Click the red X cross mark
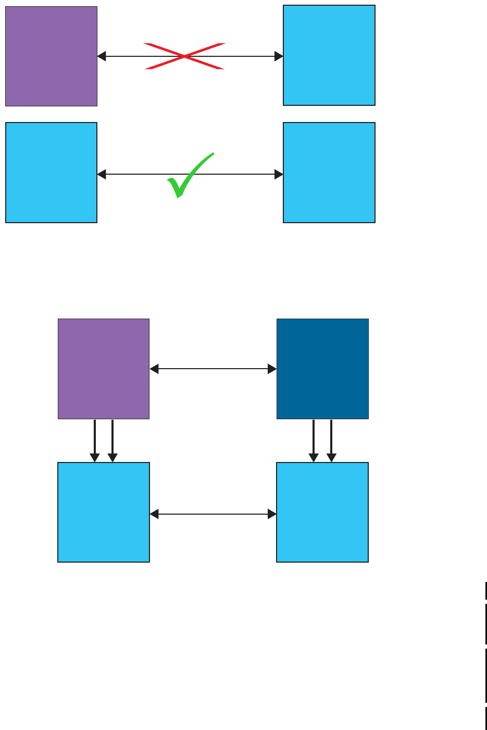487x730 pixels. click(185, 56)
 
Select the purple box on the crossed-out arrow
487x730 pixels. click(51, 56)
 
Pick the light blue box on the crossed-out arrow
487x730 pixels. click(329, 55)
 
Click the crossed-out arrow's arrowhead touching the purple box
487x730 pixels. click(102, 56)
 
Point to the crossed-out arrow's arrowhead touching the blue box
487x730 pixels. click(279, 56)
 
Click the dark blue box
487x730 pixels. click(322, 369)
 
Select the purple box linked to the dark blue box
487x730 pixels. click(104, 369)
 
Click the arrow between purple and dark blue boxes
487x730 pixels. click(213, 369)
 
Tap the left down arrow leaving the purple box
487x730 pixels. click(95, 441)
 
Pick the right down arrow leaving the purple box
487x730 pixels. click(113, 441)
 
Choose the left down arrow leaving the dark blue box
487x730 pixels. click(314, 441)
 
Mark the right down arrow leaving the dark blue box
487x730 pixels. click(331, 441)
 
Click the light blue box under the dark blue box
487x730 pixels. click(322, 512)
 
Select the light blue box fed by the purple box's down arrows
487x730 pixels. click(104, 512)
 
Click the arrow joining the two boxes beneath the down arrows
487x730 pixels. click(213, 514)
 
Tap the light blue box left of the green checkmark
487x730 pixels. click(51, 173)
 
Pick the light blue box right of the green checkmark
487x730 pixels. click(329, 173)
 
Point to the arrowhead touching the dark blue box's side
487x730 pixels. click(272, 369)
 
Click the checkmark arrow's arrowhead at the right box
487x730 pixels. click(279, 174)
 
